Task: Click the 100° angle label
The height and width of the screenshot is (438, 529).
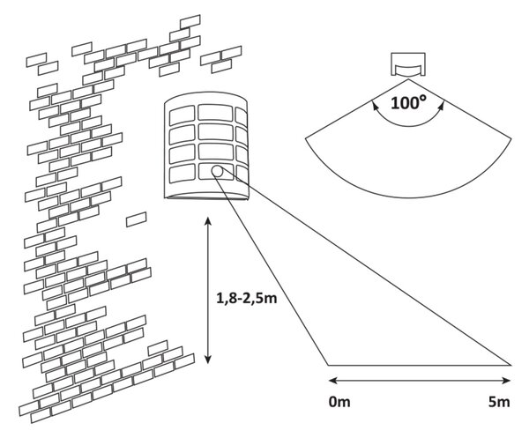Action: [408, 102]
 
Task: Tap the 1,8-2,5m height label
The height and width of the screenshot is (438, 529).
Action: [247, 299]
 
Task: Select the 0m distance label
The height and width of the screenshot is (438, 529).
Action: [339, 402]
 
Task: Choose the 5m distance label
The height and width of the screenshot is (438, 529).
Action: [499, 402]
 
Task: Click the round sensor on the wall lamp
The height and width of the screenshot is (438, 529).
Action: [217, 171]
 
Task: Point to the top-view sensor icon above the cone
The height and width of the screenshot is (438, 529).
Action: [408, 64]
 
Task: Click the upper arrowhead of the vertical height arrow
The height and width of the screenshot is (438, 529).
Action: [208, 221]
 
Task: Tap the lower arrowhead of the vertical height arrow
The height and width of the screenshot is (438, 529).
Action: [208, 360]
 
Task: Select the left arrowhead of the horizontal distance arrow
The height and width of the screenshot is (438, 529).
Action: [333, 381]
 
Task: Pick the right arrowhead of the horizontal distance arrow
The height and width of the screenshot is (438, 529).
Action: [506, 381]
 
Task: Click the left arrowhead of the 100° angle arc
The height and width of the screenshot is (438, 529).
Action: [374, 107]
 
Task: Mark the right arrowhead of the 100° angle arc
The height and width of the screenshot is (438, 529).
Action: [441, 107]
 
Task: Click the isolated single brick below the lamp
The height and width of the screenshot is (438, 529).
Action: [137, 219]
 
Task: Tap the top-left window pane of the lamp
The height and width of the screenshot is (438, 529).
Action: [183, 115]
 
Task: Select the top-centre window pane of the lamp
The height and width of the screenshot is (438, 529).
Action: [215, 112]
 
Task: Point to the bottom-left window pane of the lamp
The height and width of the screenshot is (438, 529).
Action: [183, 174]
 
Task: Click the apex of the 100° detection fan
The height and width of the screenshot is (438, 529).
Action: [408, 79]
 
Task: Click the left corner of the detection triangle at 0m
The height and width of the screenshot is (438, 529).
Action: [328, 365]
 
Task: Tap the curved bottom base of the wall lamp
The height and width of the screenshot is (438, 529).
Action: [206, 197]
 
